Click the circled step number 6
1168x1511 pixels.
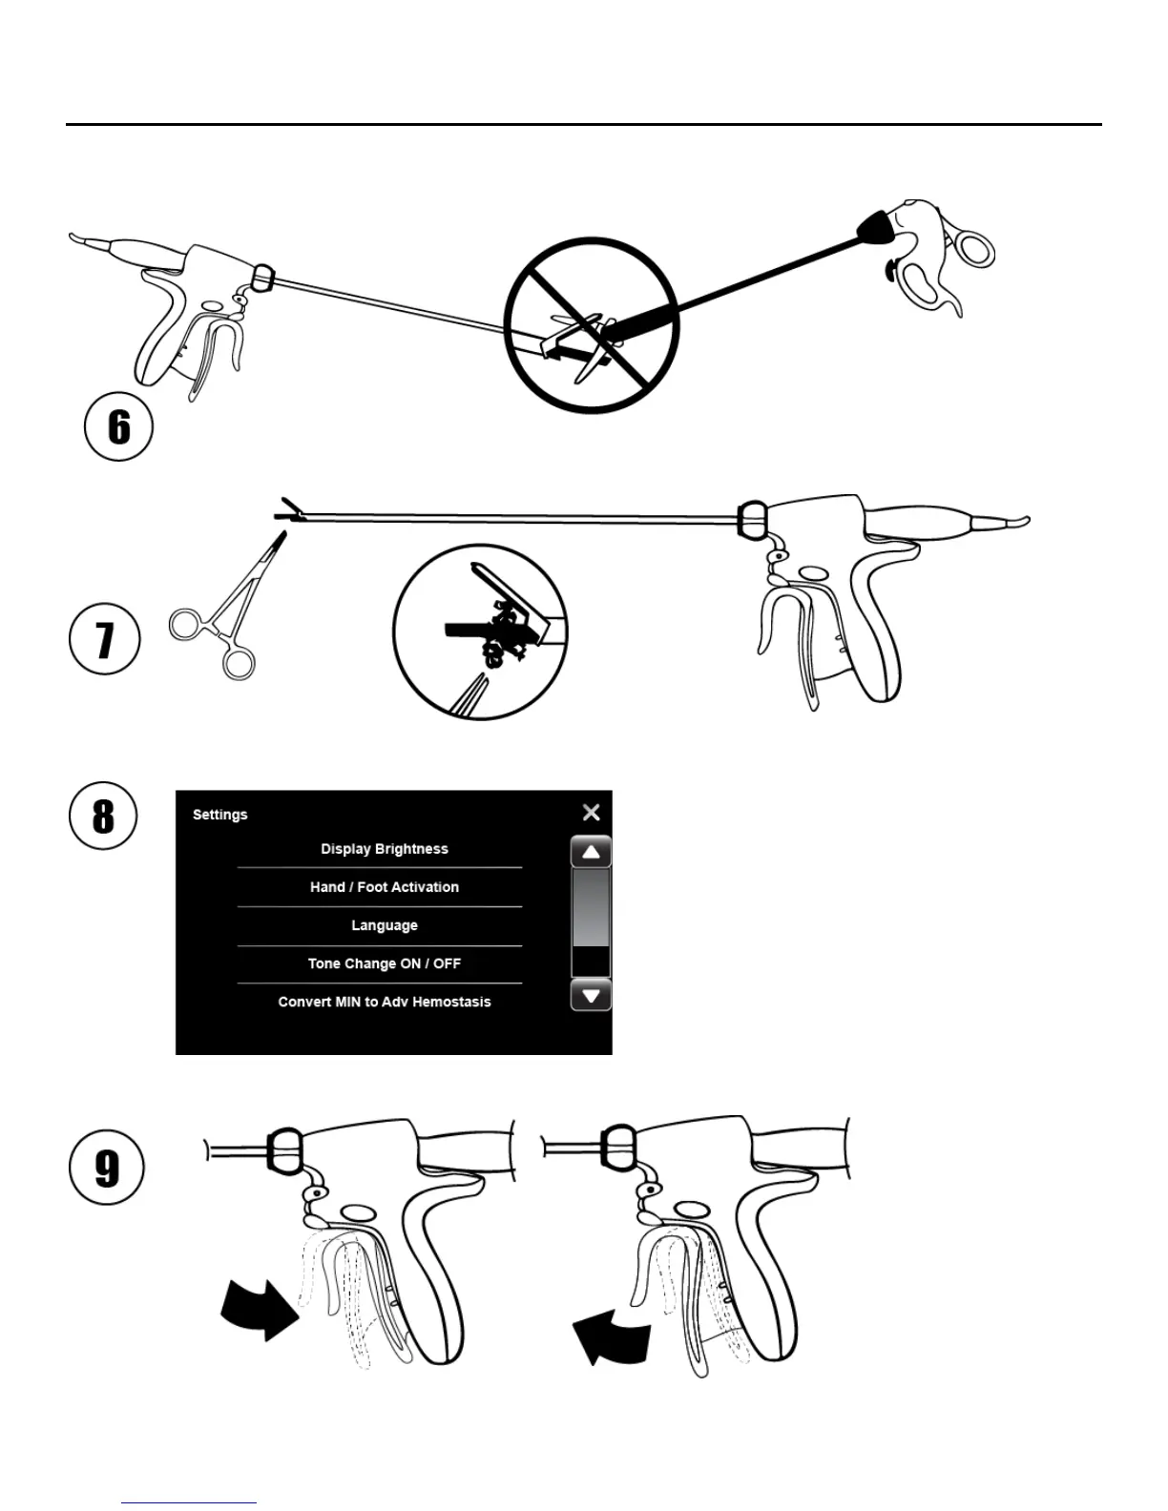point(118,426)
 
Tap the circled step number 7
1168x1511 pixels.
point(105,639)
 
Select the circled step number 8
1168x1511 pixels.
point(103,816)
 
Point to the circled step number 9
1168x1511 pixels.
point(107,1168)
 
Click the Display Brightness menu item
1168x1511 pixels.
point(384,849)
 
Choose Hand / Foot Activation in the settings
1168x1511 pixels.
point(384,887)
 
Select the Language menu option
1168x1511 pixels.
point(384,925)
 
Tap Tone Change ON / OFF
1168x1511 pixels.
point(384,963)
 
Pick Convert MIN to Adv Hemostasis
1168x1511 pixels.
point(384,1002)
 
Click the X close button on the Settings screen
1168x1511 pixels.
point(591,813)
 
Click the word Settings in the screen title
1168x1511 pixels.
point(219,815)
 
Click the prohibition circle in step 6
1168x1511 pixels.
point(592,325)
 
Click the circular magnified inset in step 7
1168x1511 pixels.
point(480,631)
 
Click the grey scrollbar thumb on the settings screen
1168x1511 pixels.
point(590,907)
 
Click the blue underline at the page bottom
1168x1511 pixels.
point(189,1502)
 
